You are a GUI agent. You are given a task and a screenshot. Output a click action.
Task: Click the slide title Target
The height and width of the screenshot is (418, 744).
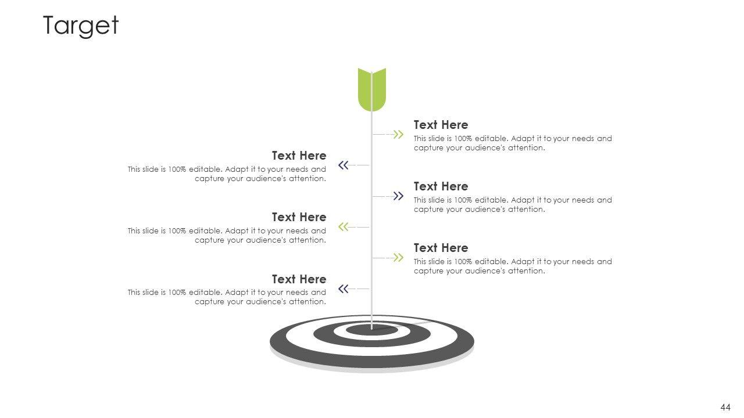[81, 26]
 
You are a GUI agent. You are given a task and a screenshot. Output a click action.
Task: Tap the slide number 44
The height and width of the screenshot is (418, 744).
[725, 408]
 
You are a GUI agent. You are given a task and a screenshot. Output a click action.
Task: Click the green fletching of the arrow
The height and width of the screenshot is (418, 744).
[372, 89]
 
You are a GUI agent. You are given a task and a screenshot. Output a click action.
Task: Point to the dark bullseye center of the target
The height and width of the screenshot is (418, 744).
[372, 330]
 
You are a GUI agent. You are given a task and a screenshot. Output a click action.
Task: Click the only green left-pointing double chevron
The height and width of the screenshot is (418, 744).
[344, 226]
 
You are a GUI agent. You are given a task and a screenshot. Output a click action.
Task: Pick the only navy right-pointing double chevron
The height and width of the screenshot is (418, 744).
[398, 196]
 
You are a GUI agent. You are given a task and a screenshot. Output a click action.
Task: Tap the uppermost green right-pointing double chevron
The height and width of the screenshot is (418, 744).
[398, 135]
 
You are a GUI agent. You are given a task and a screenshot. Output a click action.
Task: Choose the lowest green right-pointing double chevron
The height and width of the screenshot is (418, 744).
[398, 257]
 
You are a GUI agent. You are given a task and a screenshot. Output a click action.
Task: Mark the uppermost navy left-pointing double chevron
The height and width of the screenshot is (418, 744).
[344, 165]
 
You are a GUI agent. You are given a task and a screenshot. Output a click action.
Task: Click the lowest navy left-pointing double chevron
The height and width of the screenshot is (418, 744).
[344, 289]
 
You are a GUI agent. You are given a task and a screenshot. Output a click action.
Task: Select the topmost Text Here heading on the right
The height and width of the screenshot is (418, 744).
[441, 125]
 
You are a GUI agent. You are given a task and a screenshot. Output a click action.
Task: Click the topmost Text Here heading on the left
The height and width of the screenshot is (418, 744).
[299, 156]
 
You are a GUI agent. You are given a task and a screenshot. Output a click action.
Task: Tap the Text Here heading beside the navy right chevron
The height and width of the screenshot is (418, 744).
[441, 186]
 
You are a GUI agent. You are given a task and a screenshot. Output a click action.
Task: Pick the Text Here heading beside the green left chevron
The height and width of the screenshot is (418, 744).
[299, 217]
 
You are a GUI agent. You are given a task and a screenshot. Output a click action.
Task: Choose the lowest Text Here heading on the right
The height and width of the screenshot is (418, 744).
[441, 248]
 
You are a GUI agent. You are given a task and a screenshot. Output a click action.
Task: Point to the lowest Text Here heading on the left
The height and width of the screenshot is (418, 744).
[299, 279]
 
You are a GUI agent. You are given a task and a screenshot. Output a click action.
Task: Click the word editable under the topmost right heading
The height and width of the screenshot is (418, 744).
[492, 139]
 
